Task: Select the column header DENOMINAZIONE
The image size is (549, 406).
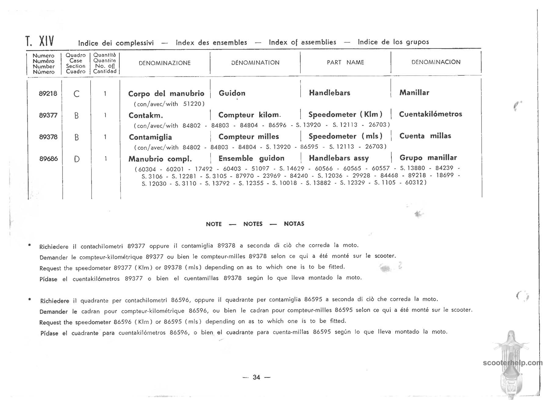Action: click(x=165, y=63)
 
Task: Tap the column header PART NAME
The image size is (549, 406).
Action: click(x=345, y=62)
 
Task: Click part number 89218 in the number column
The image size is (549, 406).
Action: click(x=48, y=94)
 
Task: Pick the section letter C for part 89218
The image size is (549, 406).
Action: click(x=77, y=94)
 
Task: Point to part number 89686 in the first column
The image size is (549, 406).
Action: click(x=48, y=159)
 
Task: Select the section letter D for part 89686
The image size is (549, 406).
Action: click(x=77, y=159)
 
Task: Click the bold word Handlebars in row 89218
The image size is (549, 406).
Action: click(x=329, y=93)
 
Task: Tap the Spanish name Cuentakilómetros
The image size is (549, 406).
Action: click(x=430, y=114)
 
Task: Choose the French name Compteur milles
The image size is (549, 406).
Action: click(x=249, y=137)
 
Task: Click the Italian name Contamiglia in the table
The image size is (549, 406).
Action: click(x=150, y=137)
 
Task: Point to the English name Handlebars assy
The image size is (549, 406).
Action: click(x=339, y=158)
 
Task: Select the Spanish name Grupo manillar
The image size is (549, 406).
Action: click(x=428, y=158)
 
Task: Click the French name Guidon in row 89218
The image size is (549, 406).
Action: click(x=232, y=93)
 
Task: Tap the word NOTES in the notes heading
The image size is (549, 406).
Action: click(x=253, y=224)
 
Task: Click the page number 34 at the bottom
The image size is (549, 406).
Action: click(x=257, y=377)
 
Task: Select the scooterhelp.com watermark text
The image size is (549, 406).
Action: click(x=513, y=363)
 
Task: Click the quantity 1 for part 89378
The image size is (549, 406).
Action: click(x=105, y=137)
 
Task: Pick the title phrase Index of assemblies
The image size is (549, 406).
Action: click(x=302, y=42)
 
